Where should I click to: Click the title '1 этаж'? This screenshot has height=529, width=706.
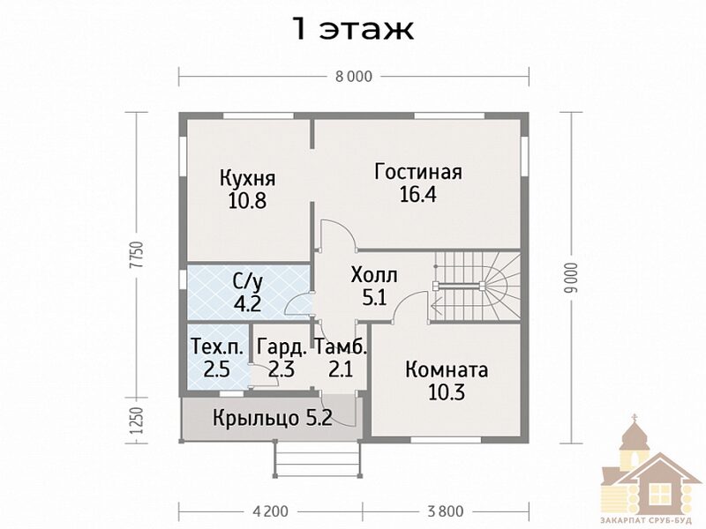click(354, 29)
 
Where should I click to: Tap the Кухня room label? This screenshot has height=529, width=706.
click(248, 178)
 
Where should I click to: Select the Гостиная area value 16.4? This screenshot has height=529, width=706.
click(418, 194)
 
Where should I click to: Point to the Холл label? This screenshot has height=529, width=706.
click(374, 275)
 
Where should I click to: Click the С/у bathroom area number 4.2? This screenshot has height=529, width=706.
click(248, 303)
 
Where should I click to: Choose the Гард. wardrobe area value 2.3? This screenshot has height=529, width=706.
click(282, 369)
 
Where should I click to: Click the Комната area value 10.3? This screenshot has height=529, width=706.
click(447, 391)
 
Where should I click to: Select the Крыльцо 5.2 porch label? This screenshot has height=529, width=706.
click(273, 418)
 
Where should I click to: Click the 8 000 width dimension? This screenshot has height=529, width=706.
click(354, 77)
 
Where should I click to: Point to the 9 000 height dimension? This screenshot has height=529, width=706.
click(572, 278)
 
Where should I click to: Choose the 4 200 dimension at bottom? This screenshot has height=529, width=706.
click(271, 511)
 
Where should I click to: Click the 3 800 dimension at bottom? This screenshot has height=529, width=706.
click(446, 511)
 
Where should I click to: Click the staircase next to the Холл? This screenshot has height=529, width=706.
click(476, 286)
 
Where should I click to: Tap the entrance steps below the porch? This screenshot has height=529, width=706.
click(318, 459)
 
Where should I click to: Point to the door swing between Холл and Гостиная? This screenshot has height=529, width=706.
click(339, 234)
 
